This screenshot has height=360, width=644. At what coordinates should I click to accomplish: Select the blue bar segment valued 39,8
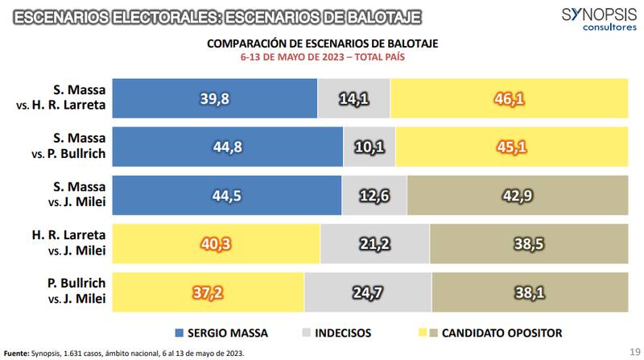pos(214,98)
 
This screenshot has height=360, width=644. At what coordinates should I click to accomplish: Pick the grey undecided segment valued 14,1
pos(353,98)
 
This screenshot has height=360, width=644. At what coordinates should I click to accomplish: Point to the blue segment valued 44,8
pos(228,147)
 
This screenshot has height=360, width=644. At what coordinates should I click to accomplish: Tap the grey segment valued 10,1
pos(370,147)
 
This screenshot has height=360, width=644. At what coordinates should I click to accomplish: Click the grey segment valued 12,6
pos(374,196)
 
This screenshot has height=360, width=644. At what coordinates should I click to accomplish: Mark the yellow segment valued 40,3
pos(216,245)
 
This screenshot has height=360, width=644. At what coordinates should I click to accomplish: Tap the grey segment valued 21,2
pos(375,245)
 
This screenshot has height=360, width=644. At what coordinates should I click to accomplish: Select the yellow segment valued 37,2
pos(208,293)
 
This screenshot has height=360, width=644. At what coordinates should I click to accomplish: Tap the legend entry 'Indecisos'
pos(336,332)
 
